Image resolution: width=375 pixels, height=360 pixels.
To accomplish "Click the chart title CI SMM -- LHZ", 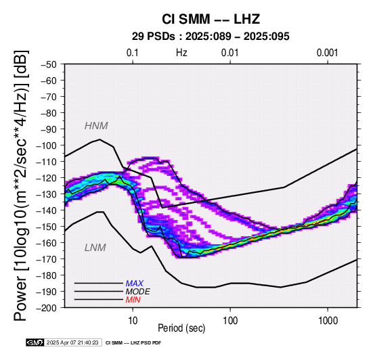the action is (211, 19).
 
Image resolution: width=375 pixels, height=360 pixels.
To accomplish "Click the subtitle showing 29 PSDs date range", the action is (211, 37).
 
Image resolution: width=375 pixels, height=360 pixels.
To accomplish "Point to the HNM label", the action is (96, 126).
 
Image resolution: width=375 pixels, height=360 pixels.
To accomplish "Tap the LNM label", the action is (95, 248).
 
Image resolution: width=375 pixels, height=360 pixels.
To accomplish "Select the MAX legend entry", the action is (135, 284).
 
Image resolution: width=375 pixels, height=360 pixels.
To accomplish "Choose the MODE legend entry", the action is (138, 292).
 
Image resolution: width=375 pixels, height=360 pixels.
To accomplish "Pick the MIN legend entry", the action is (133, 300).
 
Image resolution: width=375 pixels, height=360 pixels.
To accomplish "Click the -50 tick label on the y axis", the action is (49, 64).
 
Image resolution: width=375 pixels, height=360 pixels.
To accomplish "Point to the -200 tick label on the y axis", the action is (47, 308).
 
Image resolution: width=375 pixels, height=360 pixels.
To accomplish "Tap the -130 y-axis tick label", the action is (47, 194).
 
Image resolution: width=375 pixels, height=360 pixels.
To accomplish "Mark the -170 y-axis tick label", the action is (47, 259).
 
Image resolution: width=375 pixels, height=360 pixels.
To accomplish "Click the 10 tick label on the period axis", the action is (133, 321).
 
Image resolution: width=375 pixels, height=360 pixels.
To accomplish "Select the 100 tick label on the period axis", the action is (230, 321).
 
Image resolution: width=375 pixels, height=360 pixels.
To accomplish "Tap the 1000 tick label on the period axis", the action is (328, 321).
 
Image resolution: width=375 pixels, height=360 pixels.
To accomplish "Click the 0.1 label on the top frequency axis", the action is (133, 53).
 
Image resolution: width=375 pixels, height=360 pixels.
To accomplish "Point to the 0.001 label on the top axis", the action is (328, 53).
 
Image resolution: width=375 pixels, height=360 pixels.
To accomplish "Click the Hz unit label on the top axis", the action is (181, 53).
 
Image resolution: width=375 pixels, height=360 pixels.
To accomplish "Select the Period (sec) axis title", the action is (181, 328).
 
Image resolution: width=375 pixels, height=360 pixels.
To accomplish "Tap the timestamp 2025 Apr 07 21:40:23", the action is (72, 342).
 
